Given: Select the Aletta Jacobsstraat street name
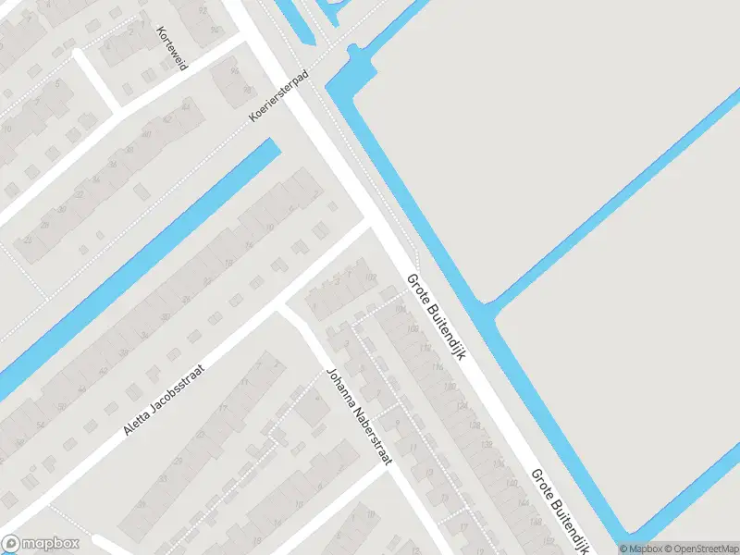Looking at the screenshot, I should tap(165, 400).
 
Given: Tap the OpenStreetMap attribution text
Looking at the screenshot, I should tap(698, 549).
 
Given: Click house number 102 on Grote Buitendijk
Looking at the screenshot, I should tap(371, 277).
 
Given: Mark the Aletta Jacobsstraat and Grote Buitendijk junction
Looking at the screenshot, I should tap(372, 222).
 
